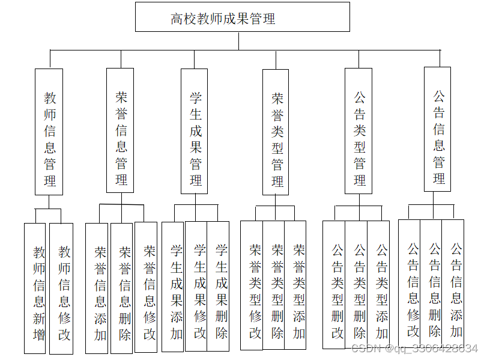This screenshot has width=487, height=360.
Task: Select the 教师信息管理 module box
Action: pyautogui.click(x=49, y=131)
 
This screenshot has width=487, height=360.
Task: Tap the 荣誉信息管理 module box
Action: pyautogui.click(x=120, y=130)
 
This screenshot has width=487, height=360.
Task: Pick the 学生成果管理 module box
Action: pyautogui.click(x=194, y=131)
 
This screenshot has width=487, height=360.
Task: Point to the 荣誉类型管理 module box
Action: pyautogui.click(x=276, y=132)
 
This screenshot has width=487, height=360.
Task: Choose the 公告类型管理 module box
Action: pyautogui.click(x=358, y=130)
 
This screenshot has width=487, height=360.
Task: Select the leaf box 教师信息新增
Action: pyautogui.click(x=35, y=288)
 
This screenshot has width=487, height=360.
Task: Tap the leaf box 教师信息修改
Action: pyautogui.click(x=61, y=288)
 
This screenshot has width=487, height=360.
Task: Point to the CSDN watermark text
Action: pyautogui.click(x=414, y=349)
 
